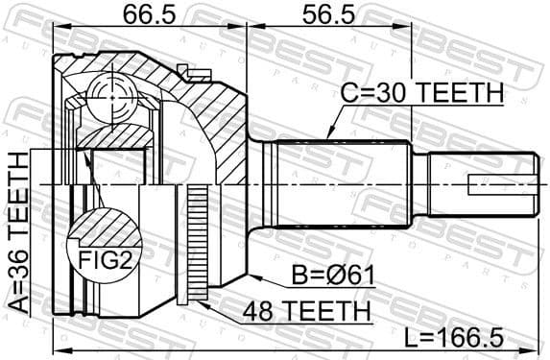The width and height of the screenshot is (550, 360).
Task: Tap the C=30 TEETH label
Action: pyautogui.click(x=423, y=93)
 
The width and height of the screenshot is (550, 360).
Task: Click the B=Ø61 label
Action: pyautogui.click(x=329, y=276)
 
